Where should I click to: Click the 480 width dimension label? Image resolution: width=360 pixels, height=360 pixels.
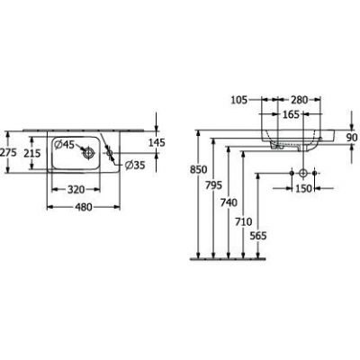coord(84,207)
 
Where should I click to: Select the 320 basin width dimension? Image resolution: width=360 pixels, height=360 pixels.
coord(76,190)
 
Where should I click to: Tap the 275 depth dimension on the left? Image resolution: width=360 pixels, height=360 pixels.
coord(7,153)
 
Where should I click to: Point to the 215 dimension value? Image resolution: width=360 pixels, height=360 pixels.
coord(32,153)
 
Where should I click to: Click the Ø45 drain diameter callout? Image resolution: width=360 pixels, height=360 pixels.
coord(64,145)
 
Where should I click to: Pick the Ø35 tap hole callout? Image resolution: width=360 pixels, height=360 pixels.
coord(135,165)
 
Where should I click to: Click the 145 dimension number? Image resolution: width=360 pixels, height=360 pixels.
coord(157,142)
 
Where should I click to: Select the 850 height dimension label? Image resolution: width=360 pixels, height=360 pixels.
coord(199,170)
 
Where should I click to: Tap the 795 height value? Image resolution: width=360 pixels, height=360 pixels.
coord(213,185)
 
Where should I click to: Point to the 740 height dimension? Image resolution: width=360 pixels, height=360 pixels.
coord(229,203)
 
